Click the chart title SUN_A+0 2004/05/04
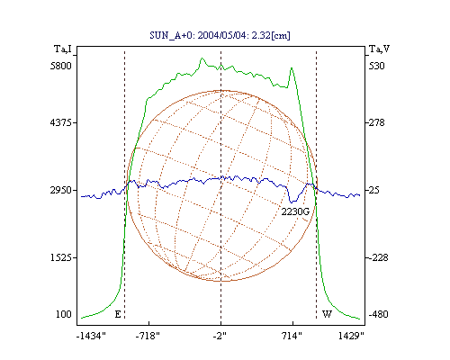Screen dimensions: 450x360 [220, 35]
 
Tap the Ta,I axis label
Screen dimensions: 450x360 [63, 49]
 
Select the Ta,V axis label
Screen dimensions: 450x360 [379, 49]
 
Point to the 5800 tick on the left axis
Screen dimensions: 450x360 [61, 66]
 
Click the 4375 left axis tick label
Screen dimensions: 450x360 [61, 122]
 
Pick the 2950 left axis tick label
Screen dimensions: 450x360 [61, 190]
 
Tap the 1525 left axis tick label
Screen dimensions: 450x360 [61, 257]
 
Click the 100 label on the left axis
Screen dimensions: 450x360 [64, 314]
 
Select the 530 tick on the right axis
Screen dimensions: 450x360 [376, 66]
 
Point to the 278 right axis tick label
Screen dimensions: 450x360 [376, 122]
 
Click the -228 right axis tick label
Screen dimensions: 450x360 [378, 257]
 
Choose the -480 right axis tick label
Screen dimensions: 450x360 [378, 314]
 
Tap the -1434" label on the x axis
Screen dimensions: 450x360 [91, 336]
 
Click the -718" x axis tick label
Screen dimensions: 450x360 [148, 336]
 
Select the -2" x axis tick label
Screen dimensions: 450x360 [220, 336]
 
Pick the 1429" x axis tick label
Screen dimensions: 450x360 [351, 336]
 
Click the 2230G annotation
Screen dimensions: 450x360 [295, 212]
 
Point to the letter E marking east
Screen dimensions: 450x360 [118, 314]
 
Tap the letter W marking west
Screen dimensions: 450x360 [327, 314]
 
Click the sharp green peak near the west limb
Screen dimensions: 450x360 [292, 68]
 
